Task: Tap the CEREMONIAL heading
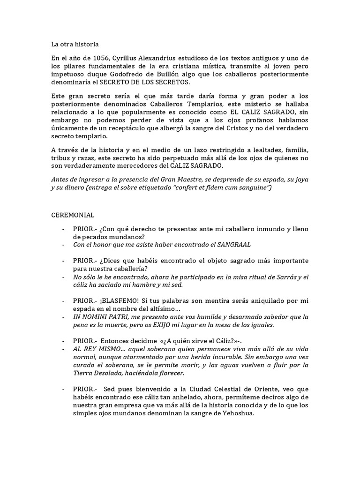pyautogui.click(x=73, y=215)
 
